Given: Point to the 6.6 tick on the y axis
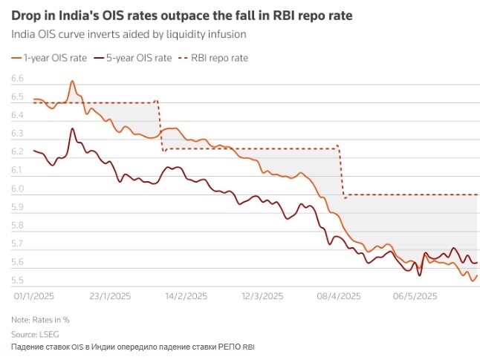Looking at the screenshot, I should point(18,79).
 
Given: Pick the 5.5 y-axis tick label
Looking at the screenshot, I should point(18,281).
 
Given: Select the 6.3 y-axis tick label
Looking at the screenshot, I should point(18,134).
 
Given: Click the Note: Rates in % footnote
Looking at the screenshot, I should point(40,320).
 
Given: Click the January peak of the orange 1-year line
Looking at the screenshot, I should point(72,81).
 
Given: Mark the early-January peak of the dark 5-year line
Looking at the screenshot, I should point(72,128).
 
